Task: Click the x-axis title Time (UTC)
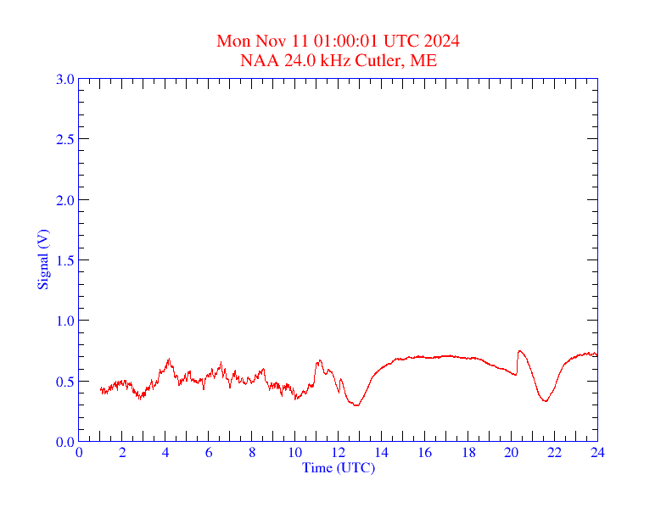[339, 467]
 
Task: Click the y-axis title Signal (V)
[42, 259]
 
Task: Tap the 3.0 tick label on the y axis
[64, 79]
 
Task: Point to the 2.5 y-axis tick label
[64, 139]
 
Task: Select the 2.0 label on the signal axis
[64, 200]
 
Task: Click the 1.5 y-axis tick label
[64, 260]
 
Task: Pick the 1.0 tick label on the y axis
[64, 321]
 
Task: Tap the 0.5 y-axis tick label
[64, 382]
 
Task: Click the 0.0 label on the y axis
[64, 442]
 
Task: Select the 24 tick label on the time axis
[597, 453]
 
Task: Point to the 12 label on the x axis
[339, 453]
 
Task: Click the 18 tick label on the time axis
[468, 453]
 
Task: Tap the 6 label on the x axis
[209, 453]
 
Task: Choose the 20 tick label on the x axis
[512, 453]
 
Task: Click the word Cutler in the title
[382, 61]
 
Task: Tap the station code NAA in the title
[258, 61]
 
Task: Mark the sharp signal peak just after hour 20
[519, 350]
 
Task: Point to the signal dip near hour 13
[356, 405]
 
